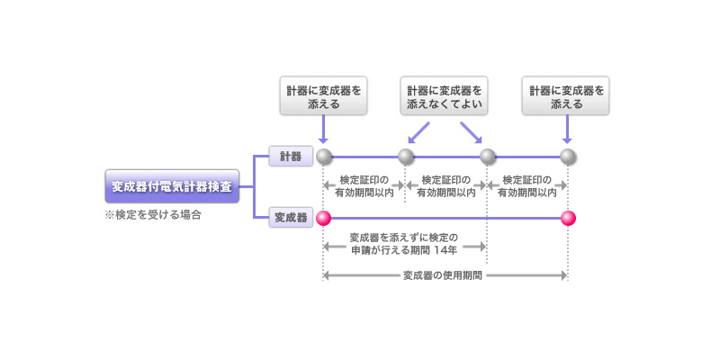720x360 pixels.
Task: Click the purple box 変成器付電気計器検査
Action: tap(171, 187)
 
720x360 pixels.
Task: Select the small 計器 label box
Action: tap(291, 157)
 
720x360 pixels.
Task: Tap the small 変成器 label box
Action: tap(291, 218)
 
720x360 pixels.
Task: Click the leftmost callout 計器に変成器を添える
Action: tap(323, 97)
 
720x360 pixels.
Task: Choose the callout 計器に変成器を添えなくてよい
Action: tap(445, 97)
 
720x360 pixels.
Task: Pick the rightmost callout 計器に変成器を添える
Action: tap(567, 97)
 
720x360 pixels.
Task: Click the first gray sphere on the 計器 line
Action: tap(324, 157)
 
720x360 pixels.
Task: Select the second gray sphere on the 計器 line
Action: tap(406, 157)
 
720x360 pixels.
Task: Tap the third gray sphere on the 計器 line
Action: tap(487, 157)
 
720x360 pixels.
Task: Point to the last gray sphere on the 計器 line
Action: tap(568, 157)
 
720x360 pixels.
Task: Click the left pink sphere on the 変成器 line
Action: tap(324, 218)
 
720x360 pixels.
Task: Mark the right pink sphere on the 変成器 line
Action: tap(568, 218)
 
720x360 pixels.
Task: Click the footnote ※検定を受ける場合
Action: tap(151, 216)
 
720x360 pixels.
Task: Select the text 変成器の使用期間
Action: tap(445, 275)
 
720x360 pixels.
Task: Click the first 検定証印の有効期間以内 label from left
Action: tap(364, 185)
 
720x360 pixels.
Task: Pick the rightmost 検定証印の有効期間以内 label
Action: tap(527, 185)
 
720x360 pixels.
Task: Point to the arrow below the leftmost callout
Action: tap(324, 130)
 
